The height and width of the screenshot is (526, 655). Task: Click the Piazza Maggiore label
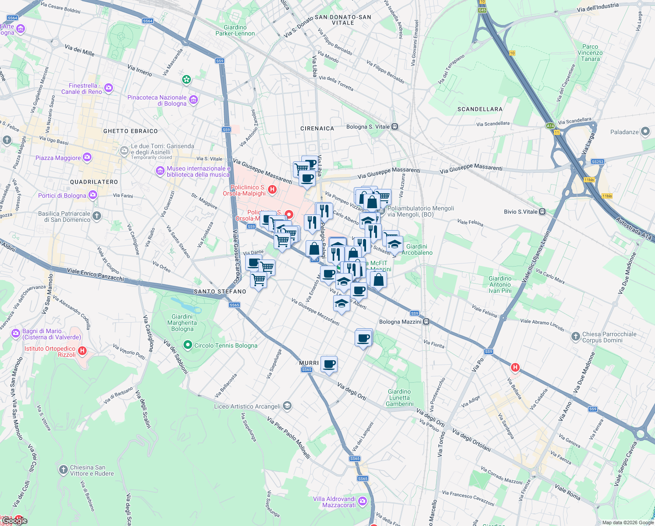tap(58, 158)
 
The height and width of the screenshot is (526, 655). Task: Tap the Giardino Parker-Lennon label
tap(235, 30)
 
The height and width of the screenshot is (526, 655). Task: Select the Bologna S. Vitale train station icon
tap(395, 127)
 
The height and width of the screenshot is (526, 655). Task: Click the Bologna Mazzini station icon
tap(426, 322)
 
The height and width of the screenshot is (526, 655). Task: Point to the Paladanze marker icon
tap(645, 132)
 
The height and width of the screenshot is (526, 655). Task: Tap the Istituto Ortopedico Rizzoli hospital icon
tap(82, 351)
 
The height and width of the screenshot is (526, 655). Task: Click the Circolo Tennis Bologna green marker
tap(188, 345)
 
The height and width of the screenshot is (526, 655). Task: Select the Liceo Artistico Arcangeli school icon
tap(287, 406)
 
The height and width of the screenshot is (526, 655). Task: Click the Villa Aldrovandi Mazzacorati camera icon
tap(362, 501)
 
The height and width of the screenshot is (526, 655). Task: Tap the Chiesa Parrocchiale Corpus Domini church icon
tap(575, 337)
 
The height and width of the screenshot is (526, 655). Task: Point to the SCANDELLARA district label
tap(480, 109)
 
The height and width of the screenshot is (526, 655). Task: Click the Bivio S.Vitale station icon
tap(542, 212)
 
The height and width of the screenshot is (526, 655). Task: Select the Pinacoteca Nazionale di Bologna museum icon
tap(193, 100)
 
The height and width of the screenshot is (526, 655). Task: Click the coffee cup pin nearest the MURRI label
tap(329, 363)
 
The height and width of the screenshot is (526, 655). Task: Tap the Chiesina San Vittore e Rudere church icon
tap(63, 470)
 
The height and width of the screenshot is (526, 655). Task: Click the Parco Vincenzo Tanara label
tap(590, 53)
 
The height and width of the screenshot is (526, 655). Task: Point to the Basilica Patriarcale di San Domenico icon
tap(97, 216)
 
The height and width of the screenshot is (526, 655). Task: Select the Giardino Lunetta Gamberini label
tap(399, 398)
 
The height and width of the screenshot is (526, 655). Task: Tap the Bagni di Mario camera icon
tap(16, 334)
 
